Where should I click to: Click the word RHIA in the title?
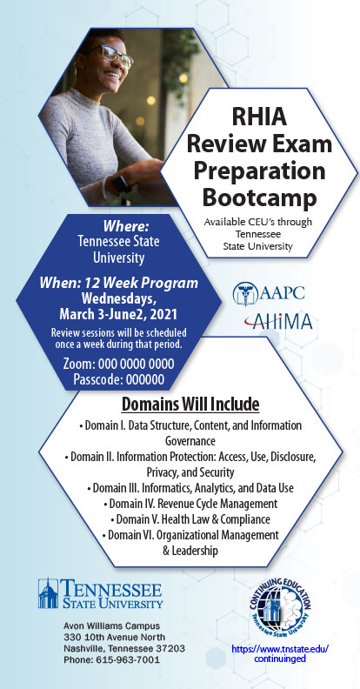(x=259, y=117)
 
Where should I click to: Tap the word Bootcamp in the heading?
(x=259, y=197)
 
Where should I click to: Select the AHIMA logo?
(x=278, y=321)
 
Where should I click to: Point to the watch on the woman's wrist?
(x=121, y=184)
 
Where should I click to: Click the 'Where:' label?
(x=126, y=226)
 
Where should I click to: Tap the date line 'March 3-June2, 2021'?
(x=118, y=314)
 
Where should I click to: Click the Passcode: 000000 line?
(x=119, y=378)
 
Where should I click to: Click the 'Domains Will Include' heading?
(x=190, y=405)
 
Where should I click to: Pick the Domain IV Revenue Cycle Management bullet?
(x=190, y=503)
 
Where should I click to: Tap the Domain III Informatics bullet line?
(x=190, y=488)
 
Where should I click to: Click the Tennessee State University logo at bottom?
(x=100, y=593)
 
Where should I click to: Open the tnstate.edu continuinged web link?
(x=280, y=653)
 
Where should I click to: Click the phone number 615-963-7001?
(x=111, y=659)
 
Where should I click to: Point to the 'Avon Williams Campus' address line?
(x=111, y=625)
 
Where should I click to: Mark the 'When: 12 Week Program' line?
(x=118, y=283)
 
